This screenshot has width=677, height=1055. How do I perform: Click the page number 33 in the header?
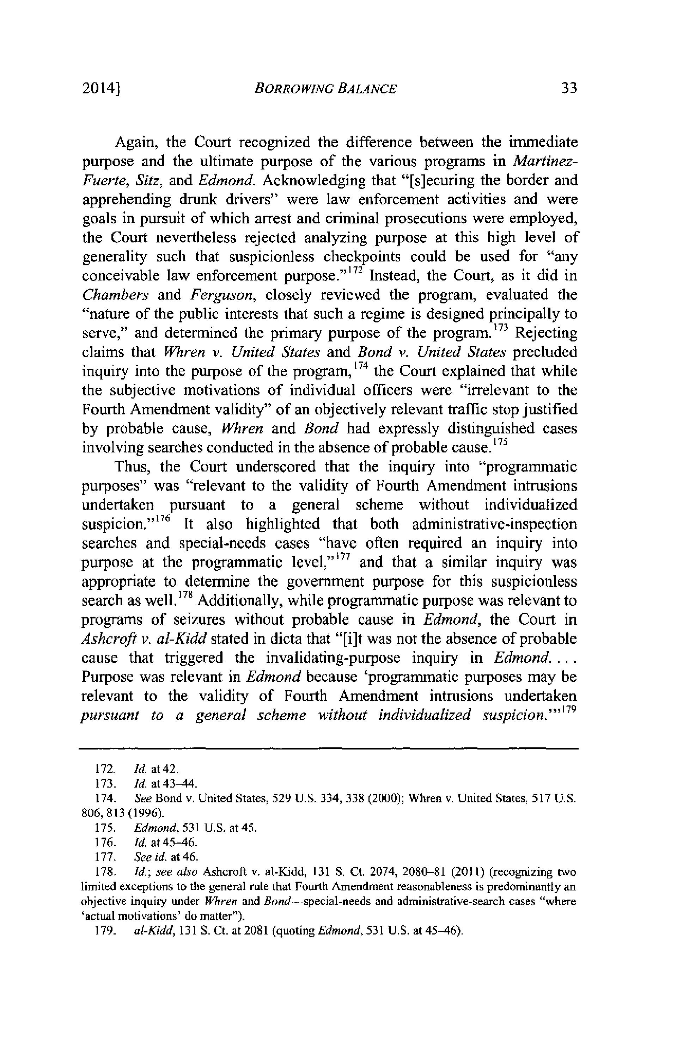568,89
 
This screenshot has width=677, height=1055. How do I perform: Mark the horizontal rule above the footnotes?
328,748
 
